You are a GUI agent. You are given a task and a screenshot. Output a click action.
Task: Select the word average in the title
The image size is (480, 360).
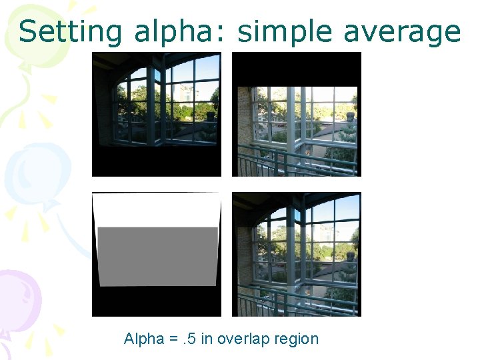point(405,32)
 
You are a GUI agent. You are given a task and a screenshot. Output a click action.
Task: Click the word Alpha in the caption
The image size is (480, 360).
point(143,339)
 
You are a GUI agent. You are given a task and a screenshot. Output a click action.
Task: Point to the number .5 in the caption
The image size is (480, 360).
point(189,339)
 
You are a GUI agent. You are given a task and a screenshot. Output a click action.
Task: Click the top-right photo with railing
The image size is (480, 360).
point(296,127)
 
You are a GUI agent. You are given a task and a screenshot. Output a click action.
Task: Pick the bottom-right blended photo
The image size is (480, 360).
point(296,254)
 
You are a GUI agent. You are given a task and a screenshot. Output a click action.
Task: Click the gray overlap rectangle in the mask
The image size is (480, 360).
point(157,256)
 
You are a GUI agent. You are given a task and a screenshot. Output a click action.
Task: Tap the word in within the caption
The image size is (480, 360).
point(207,339)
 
